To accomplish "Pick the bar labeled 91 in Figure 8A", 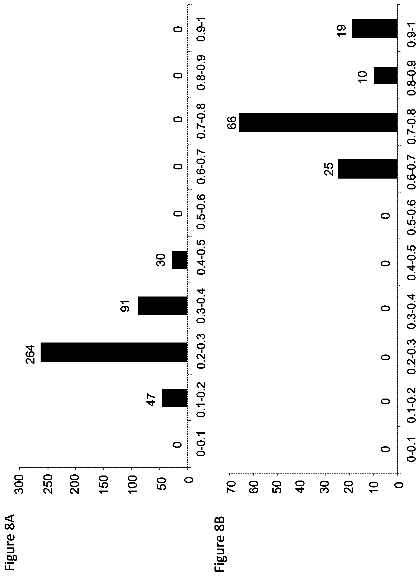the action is click(x=163, y=306).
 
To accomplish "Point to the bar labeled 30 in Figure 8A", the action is click(x=180, y=260).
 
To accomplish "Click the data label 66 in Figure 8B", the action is click(x=232, y=122).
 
